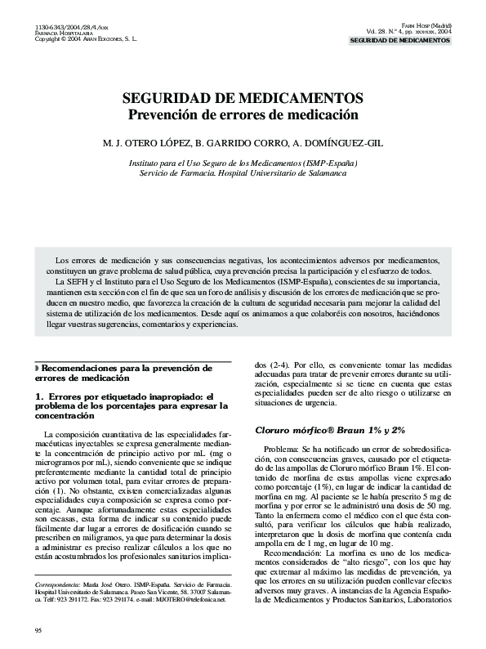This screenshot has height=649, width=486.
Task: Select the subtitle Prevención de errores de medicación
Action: click(243, 114)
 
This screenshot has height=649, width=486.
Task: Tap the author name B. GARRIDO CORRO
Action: click(246, 143)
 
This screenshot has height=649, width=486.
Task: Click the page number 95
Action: click(38, 629)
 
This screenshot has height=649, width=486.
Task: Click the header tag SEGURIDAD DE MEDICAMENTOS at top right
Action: click(400, 40)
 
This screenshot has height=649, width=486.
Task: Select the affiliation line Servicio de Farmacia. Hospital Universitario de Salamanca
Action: click(243, 173)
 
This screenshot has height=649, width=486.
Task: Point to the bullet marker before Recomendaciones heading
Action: click(37, 369)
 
